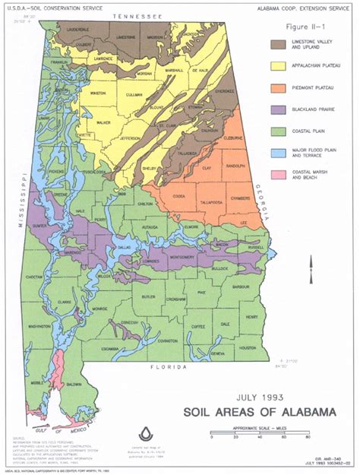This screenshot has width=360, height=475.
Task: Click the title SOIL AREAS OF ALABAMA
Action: (257, 413)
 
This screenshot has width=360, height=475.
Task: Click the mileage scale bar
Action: (258, 431)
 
